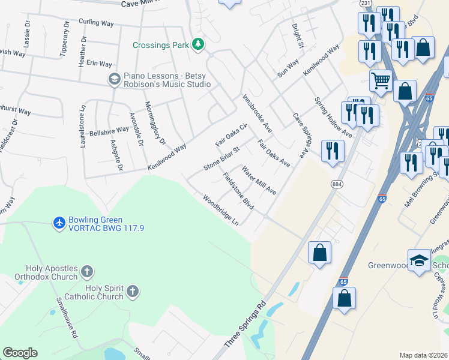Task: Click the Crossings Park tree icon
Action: (x=197, y=44)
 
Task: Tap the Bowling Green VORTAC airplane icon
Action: (x=59, y=223)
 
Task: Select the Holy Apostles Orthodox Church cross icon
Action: (x=87, y=272)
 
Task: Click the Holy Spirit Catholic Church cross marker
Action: (x=133, y=292)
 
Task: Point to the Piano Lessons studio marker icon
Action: (x=114, y=79)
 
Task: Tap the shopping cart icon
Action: (x=381, y=80)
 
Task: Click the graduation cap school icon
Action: (x=419, y=260)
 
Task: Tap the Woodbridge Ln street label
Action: (x=220, y=209)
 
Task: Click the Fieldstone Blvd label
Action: (x=238, y=191)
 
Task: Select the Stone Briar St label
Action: (x=221, y=158)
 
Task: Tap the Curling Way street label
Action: (x=96, y=23)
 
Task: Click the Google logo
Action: (x=20, y=353)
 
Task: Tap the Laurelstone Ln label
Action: (x=83, y=125)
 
